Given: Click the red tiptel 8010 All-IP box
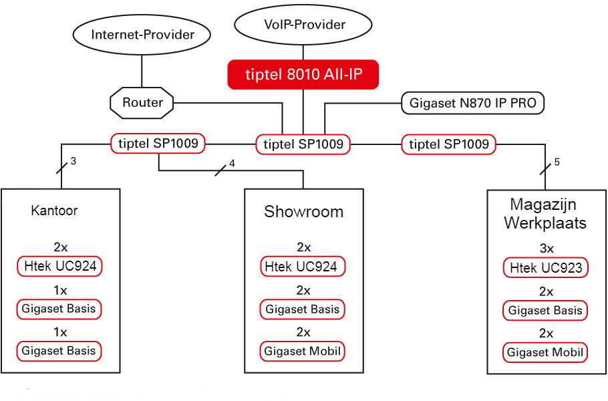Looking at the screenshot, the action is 303,74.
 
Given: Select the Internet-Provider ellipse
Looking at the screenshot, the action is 142,35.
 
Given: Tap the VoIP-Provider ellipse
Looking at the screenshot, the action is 303,25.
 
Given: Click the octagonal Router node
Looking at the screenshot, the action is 142,103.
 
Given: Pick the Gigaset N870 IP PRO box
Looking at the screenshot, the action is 472,103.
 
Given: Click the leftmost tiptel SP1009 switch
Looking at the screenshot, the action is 158,144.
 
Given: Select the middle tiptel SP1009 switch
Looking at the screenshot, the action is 303,144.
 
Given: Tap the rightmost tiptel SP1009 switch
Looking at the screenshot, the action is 448,144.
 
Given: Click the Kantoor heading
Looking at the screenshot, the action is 54,211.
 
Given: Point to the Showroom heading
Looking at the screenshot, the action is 303,212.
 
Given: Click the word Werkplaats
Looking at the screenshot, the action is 545,223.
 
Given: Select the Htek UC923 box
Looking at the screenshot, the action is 546,267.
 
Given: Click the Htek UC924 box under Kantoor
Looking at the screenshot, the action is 59,266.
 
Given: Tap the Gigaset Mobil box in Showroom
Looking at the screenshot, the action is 303,352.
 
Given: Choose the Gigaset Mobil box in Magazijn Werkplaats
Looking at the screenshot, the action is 545,352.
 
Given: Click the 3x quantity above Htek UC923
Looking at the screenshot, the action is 547,248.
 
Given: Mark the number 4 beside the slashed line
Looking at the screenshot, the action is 232,163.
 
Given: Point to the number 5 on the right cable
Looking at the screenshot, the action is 557,162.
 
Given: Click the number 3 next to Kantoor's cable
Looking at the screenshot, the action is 73,161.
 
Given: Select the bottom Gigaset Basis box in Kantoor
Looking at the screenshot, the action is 59,351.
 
